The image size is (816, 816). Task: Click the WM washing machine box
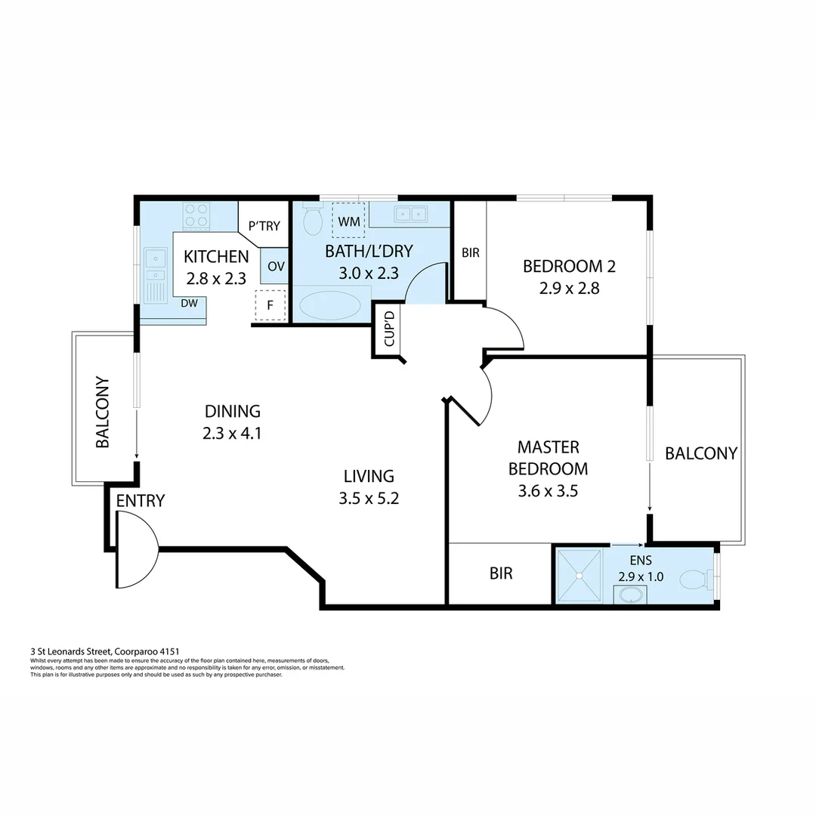[x=348, y=221]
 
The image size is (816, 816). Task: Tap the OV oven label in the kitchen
[x=275, y=267]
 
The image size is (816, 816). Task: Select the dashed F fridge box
[x=270, y=305]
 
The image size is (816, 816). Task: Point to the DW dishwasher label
[x=189, y=303]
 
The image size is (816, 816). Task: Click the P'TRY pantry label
[x=264, y=225]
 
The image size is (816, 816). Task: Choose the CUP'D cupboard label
[x=390, y=329]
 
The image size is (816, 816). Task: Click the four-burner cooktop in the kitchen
[x=197, y=215]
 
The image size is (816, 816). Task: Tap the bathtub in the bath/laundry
[x=330, y=305]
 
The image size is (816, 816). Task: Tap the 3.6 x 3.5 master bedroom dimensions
[x=548, y=491]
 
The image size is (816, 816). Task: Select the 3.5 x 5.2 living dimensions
[x=369, y=498]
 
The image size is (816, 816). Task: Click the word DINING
[x=232, y=411]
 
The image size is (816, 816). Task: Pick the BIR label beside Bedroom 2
[x=470, y=253]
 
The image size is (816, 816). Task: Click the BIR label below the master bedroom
[x=501, y=573]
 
